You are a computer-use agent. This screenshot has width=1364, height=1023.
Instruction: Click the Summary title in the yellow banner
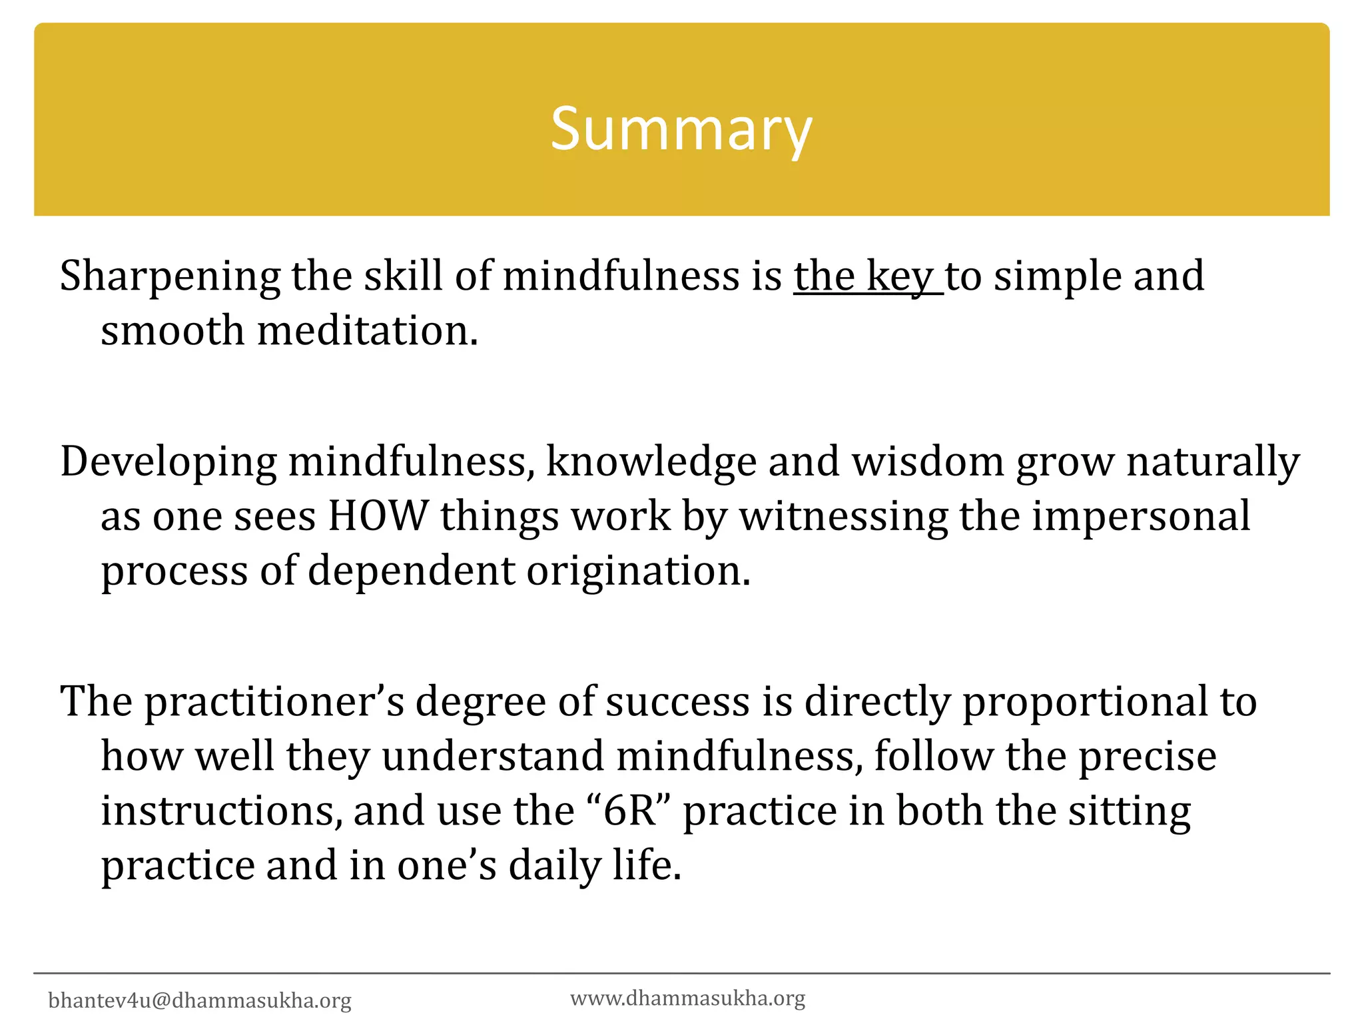681,129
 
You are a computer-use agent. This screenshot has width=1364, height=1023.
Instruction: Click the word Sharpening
170,276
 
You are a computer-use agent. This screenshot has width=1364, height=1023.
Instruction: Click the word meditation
367,330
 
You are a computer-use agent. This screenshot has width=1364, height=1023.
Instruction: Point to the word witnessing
844,517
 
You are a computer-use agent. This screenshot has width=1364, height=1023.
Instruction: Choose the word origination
639,571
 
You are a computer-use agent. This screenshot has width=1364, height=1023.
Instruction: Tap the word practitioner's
274,701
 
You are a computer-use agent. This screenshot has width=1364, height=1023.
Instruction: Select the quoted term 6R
629,811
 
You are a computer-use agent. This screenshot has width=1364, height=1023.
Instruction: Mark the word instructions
222,811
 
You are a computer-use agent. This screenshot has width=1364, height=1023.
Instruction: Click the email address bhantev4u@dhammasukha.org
200,1000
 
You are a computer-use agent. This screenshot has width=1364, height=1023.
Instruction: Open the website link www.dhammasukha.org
687,998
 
